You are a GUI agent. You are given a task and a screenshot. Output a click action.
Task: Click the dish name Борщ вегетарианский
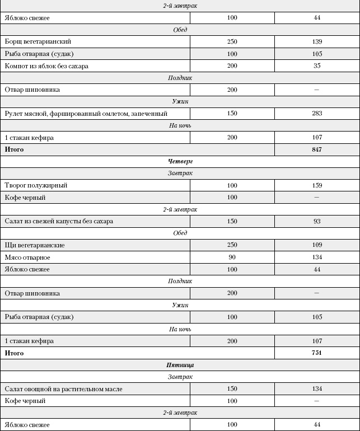(38, 41)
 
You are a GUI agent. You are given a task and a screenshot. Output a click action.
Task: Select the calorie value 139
(317, 42)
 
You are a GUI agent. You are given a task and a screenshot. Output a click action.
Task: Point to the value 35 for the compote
(317, 66)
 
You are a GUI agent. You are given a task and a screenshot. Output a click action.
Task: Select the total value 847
(317, 150)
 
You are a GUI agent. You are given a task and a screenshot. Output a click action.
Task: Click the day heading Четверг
(180, 162)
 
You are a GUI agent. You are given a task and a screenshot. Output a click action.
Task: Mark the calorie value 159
(317, 185)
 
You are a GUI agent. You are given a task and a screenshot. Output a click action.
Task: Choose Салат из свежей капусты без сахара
(59, 221)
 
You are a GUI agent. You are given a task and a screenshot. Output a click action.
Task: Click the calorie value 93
(317, 221)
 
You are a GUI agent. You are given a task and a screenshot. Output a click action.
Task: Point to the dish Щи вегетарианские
(34, 245)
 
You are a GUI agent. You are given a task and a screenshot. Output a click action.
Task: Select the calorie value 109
(317, 245)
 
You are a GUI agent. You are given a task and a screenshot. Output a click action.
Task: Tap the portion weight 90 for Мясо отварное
(232, 257)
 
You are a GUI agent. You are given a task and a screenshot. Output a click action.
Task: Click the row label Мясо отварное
(27, 257)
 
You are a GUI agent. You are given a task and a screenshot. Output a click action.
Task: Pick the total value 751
(317, 353)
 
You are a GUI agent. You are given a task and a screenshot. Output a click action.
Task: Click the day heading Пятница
(180, 365)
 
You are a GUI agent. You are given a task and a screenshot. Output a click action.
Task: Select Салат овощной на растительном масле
(63, 389)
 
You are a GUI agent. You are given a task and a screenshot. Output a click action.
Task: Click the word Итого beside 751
(14, 353)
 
